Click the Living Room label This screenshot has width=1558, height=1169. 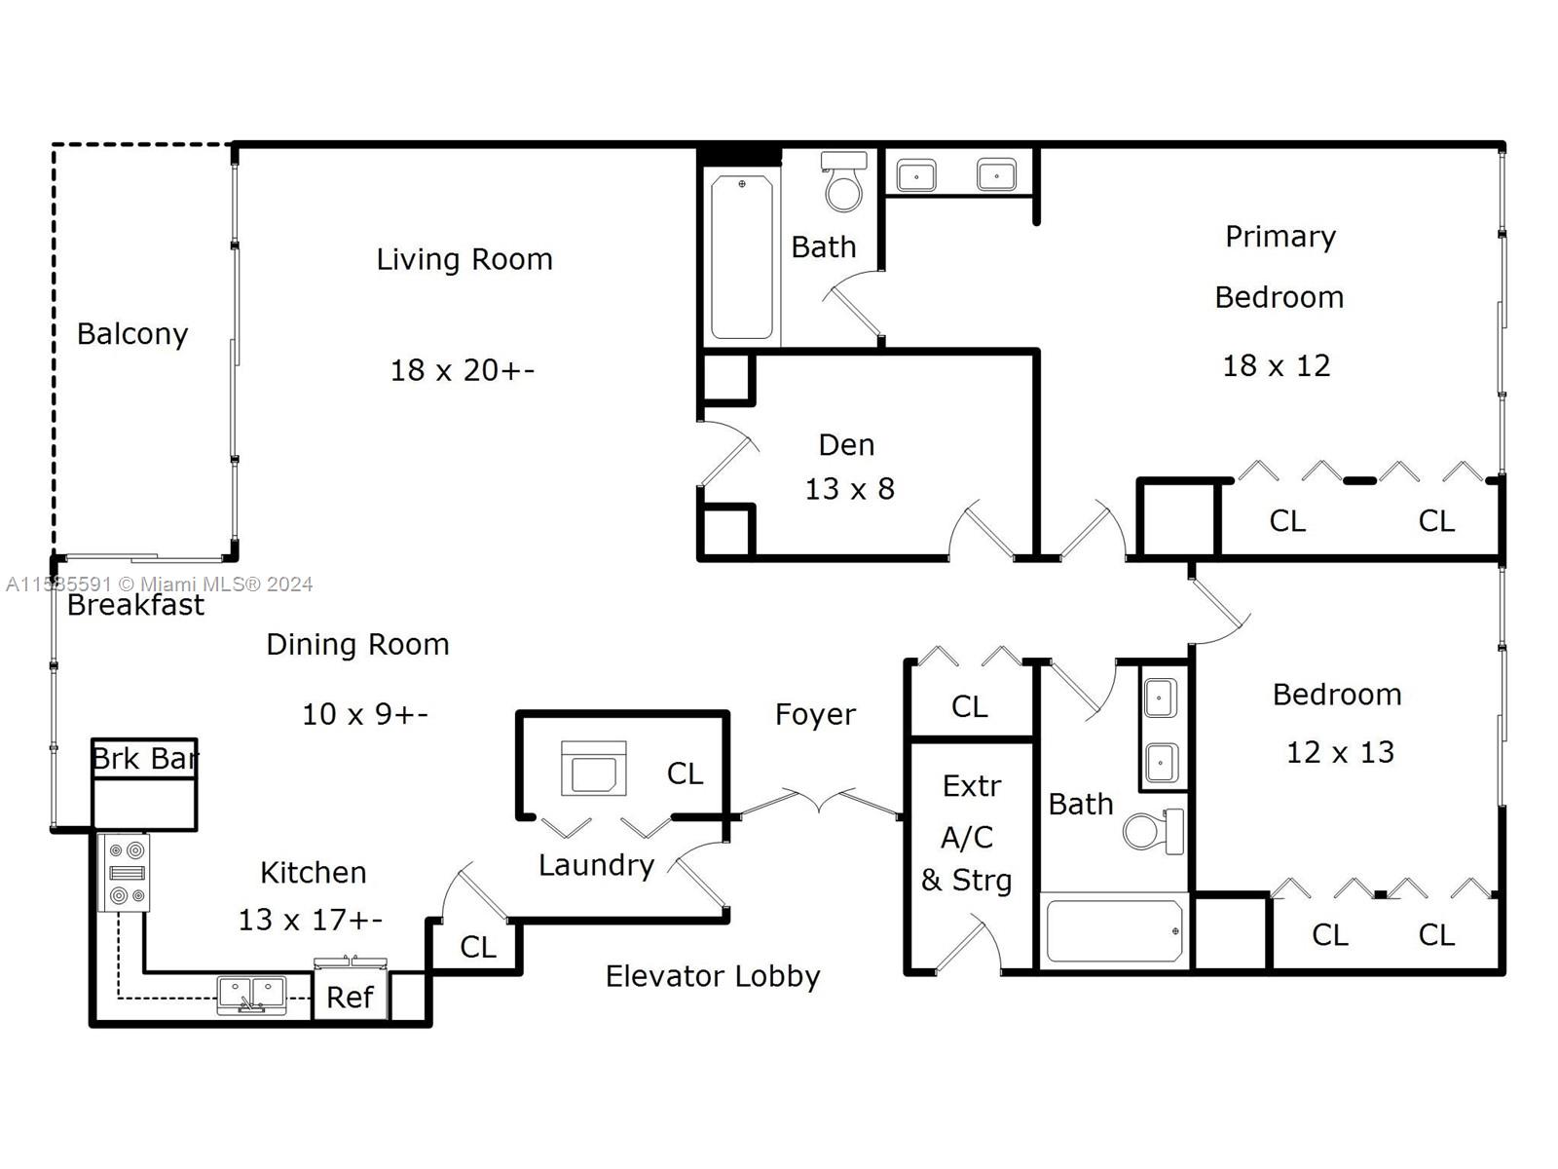pos(464,260)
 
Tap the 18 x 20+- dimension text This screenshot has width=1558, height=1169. pos(463,370)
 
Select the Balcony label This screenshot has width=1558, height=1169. pos(132,334)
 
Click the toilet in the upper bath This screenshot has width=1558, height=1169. pos(844,181)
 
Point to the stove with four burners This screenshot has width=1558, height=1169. pos(124,872)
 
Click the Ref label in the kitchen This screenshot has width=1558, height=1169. pos(350,998)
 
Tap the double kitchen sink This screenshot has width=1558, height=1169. pos(251,995)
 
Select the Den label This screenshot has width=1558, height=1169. pos(846,446)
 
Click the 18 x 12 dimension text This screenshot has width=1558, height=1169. pos(1276,366)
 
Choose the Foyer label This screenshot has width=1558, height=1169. pos(815,715)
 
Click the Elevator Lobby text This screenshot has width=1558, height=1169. pos(713,977)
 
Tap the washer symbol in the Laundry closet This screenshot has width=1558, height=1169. pos(593,769)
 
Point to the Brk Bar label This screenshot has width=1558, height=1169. pos(145,759)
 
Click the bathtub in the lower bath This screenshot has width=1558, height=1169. pos(1114,930)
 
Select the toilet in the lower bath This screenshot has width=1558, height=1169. pos(1154,830)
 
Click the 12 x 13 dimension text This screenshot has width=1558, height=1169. pos(1340,752)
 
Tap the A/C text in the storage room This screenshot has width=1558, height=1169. pos(967,838)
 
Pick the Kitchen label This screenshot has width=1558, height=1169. pos(313,873)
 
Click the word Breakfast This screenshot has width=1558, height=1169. pos(135,605)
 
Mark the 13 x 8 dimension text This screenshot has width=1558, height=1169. pos(850,489)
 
